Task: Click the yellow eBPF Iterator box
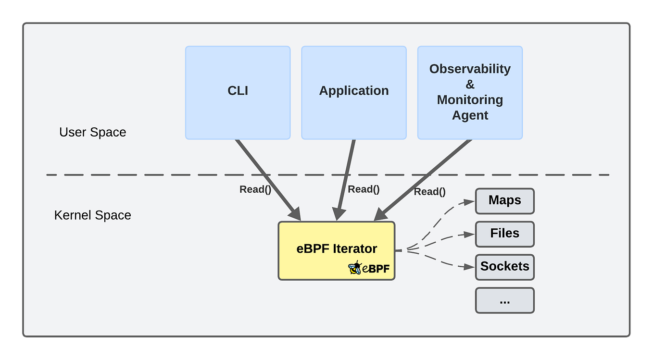click(336, 250)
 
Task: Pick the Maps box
click(504, 201)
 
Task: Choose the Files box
click(504, 234)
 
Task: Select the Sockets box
click(504, 267)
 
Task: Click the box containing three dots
click(504, 300)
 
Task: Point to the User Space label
click(92, 132)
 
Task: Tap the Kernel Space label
click(92, 215)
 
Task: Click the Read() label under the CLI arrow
click(255, 189)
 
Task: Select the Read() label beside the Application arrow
click(364, 189)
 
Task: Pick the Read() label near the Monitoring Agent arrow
click(429, 192)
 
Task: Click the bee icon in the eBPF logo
click(355, 268)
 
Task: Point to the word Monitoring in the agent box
click(470, 100)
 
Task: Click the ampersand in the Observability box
click(470, 85)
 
